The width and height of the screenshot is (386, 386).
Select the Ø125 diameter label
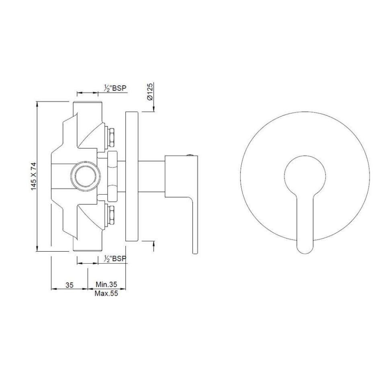[x=149, y=92]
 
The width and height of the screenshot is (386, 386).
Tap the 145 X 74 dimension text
[x=34, y=176]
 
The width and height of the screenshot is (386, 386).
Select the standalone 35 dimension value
[x=69, y=285]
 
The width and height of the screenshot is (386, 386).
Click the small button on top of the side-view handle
[x=190, y=154]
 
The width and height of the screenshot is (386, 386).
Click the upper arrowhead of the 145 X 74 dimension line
[x=37, y=104]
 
